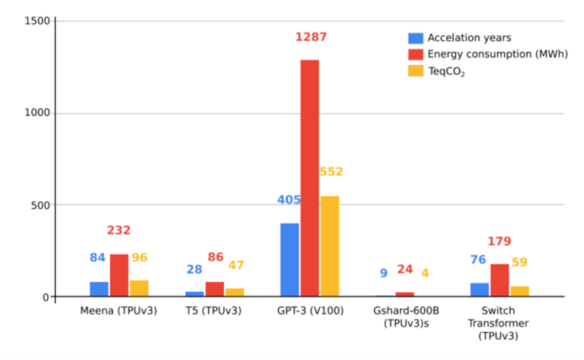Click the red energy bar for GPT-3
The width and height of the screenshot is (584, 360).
310,178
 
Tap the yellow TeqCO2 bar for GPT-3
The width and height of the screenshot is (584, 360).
330,246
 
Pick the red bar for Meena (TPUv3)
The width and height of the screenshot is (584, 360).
119,276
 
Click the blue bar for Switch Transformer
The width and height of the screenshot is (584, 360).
479,290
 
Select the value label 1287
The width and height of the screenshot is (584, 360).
311,37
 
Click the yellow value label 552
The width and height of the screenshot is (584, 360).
331,172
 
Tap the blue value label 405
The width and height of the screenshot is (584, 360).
289,201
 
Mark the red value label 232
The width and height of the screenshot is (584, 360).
119,231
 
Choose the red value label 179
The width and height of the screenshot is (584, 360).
500,242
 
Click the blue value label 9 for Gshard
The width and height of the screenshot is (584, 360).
383,273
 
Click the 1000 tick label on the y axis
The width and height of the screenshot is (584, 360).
37,113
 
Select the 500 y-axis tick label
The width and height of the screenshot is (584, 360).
40,205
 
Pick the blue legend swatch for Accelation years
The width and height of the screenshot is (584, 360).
416,38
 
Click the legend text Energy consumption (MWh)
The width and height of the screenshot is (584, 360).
497,54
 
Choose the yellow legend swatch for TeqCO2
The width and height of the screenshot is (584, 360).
416,71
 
